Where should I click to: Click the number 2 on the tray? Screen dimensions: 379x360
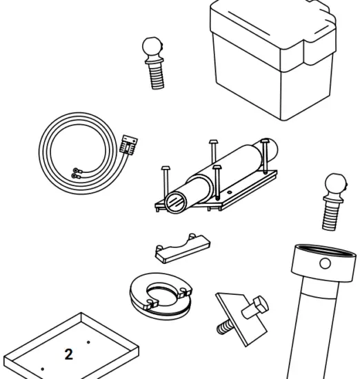coord(68,355)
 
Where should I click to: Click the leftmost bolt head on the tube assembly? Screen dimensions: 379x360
coord(166,167)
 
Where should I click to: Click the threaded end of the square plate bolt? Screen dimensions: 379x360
coord(223,327)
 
